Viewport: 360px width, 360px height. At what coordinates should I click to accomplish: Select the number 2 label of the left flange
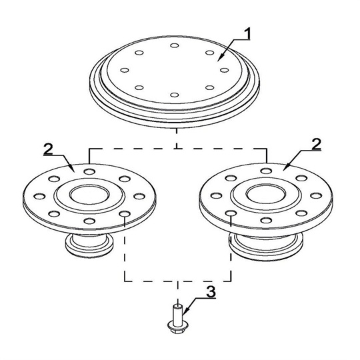(x=48, y=147)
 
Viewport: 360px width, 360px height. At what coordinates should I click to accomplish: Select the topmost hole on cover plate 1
(x=174, y=46)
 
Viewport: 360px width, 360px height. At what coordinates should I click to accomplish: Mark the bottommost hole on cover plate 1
(x=174, y=95)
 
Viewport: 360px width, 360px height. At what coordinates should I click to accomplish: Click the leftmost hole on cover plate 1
(x=123, y=70)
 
